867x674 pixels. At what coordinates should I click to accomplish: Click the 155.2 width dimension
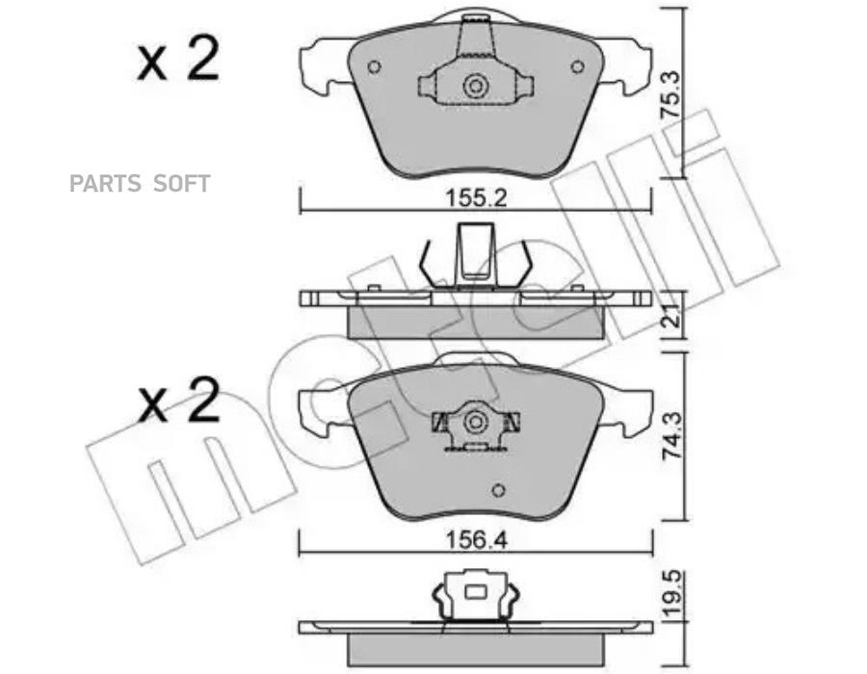[x=476, y=198]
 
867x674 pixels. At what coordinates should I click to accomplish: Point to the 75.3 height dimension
[x=671, y=96]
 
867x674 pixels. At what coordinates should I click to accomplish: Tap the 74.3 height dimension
[x=671, y=436]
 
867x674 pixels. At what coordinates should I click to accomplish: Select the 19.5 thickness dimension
[x=671, y=593]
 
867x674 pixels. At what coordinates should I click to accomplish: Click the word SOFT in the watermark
[x=181, y=183]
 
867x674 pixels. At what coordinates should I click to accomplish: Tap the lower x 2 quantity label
[x=178, y=401]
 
